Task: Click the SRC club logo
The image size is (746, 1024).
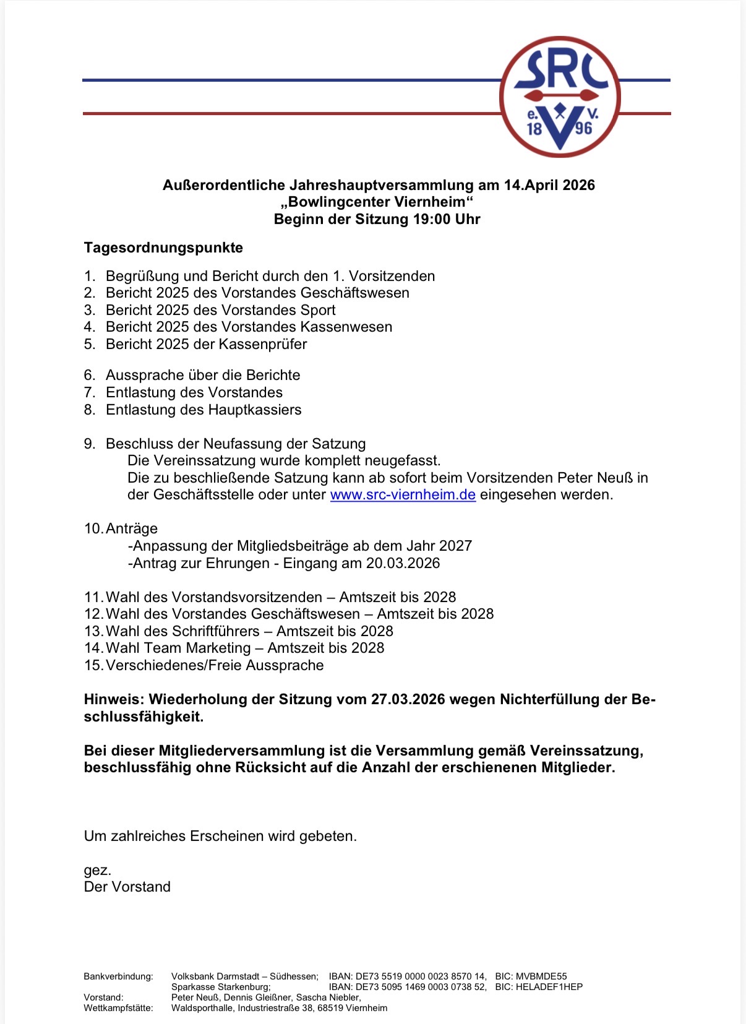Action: (560, 97)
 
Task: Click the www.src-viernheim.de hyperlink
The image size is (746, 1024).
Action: (403, 495)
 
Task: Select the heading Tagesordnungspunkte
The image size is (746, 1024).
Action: (163, 247)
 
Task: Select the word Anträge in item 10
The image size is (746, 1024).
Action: (132, 528)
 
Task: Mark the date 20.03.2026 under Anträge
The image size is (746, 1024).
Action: (403, 563)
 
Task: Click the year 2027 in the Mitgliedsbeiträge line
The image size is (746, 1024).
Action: (455, 546)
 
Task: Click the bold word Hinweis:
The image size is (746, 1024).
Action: (114, 699)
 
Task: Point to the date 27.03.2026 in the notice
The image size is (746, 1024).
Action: (408, 699)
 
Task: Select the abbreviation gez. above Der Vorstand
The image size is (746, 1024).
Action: (98, 870)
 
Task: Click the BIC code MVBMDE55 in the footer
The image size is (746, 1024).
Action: (541, 976)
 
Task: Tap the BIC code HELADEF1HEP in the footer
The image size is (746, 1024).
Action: (549, 987)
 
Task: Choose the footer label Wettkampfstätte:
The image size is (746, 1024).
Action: (118, 1008)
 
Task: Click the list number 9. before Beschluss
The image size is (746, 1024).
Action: (90, 444)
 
